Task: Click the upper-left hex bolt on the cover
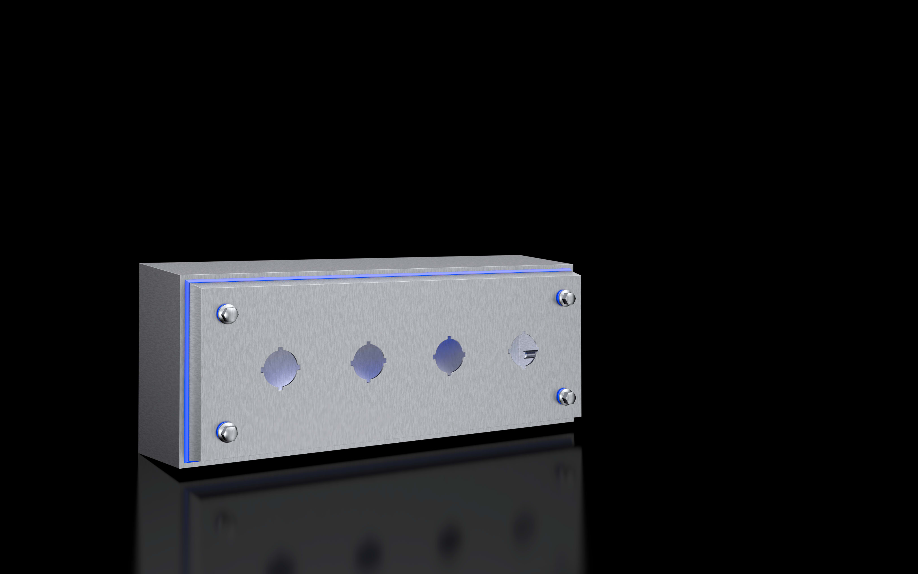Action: (x=228, y=314)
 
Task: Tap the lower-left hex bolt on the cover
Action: (x=228, y=432)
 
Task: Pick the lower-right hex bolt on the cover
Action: (x=567, y=397)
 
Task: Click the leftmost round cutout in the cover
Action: (x=281, y=368)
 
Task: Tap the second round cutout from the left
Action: (x=368, y=362)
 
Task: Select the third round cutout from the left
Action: (x=449, y=356)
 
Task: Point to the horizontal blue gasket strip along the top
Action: (x=379, y=275)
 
